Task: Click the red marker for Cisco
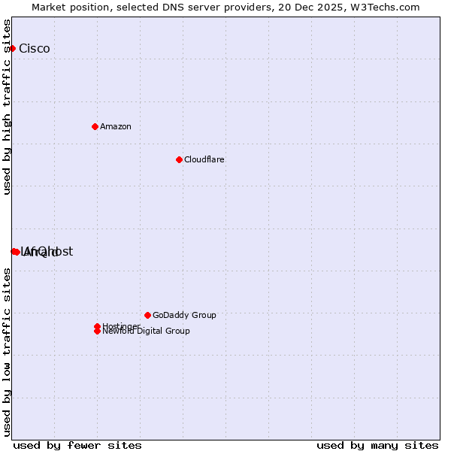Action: [x=12, y=48]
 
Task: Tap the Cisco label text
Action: [x=35, y=49]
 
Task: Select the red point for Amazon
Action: [x=95, y=126]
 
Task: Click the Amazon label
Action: [x=116, y=126]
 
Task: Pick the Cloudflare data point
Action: [x=179, y=159]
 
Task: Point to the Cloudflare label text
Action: [x=204, y=159]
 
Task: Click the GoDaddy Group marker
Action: [x=147, y=315]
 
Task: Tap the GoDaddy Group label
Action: [x=184, y=315]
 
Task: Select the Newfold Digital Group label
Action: [x=147, y=331]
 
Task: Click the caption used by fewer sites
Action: [x=77, y=445]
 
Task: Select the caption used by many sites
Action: [x=377, y=445]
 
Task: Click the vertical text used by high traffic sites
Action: [x=7, y=107]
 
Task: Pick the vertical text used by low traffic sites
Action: [x=7, y=352]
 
